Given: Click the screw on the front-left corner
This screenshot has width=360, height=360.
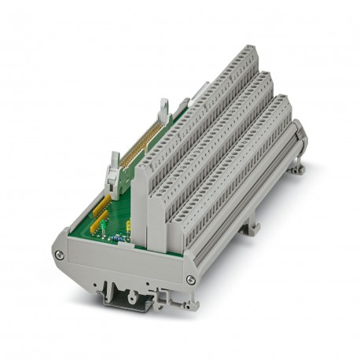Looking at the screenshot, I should click(x=57, y=253).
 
